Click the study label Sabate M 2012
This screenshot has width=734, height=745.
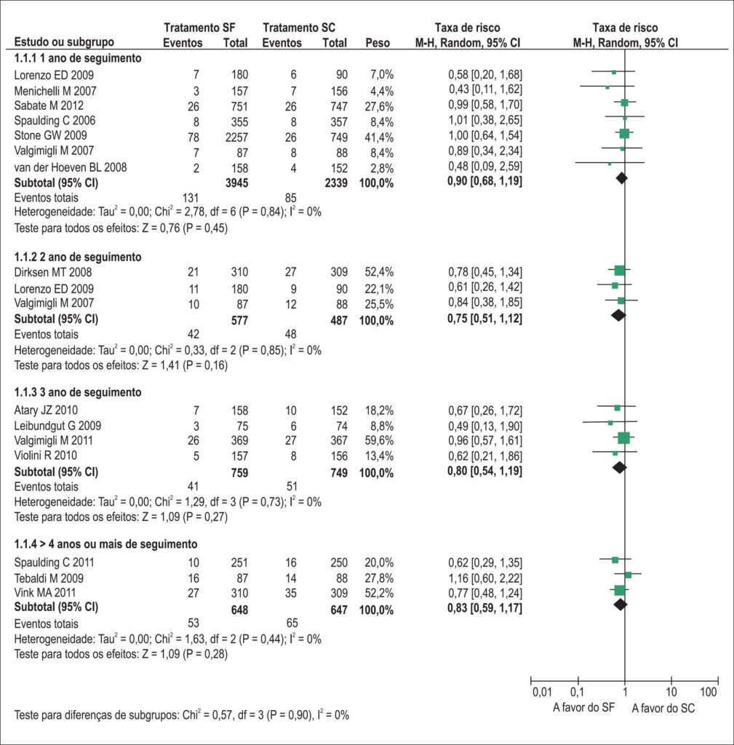[49, 105]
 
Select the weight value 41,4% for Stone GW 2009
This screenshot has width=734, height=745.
[379, 137]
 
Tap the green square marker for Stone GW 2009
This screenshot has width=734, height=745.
[624, 134]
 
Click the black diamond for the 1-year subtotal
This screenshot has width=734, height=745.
[621, 178]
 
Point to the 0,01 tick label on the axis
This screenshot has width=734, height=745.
[542, 692]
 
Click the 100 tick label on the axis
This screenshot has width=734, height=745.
[709, 692]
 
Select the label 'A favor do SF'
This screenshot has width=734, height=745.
[583, 707]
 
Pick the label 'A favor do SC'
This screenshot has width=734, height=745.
[663, 709]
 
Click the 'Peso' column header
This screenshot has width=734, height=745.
[378, 43]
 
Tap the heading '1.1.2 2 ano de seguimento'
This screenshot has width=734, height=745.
[78, 257]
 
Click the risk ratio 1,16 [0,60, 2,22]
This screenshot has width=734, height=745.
[485, 578]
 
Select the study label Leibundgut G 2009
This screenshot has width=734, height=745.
[57, 426]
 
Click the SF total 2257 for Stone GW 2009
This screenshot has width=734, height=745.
[236, 138]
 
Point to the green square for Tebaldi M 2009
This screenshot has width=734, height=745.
[628, 575]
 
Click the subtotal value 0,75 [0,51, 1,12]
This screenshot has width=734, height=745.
[484, 319]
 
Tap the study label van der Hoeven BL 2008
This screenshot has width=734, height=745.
[71, 167]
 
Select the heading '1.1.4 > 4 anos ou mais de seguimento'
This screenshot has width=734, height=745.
[105, 544]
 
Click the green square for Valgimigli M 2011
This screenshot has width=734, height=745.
[623, 438]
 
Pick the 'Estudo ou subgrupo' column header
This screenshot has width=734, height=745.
[64, 41]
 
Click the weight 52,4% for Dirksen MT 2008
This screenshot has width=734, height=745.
[379, 272]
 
